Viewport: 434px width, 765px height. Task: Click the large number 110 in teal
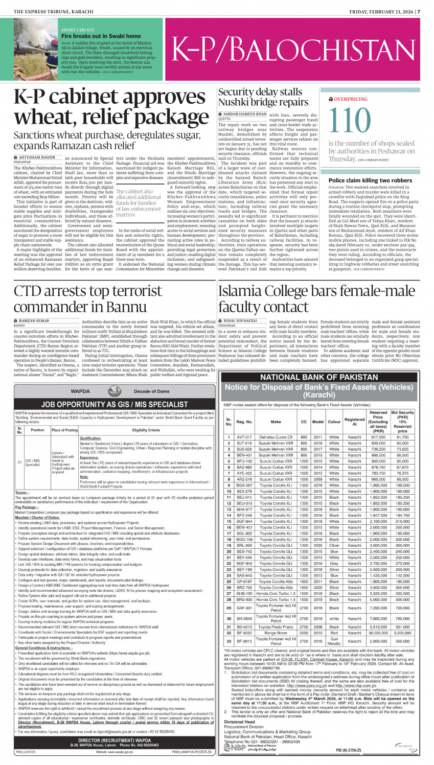(350, 121)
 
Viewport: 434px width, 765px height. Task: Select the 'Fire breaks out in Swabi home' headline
(101, 36)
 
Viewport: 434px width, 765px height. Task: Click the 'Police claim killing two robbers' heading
(370, 180)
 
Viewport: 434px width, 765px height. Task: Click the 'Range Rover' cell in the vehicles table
(276, 632)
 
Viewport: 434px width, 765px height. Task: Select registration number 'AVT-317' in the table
(244, 437)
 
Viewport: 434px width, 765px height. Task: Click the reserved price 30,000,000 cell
(378, 632)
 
